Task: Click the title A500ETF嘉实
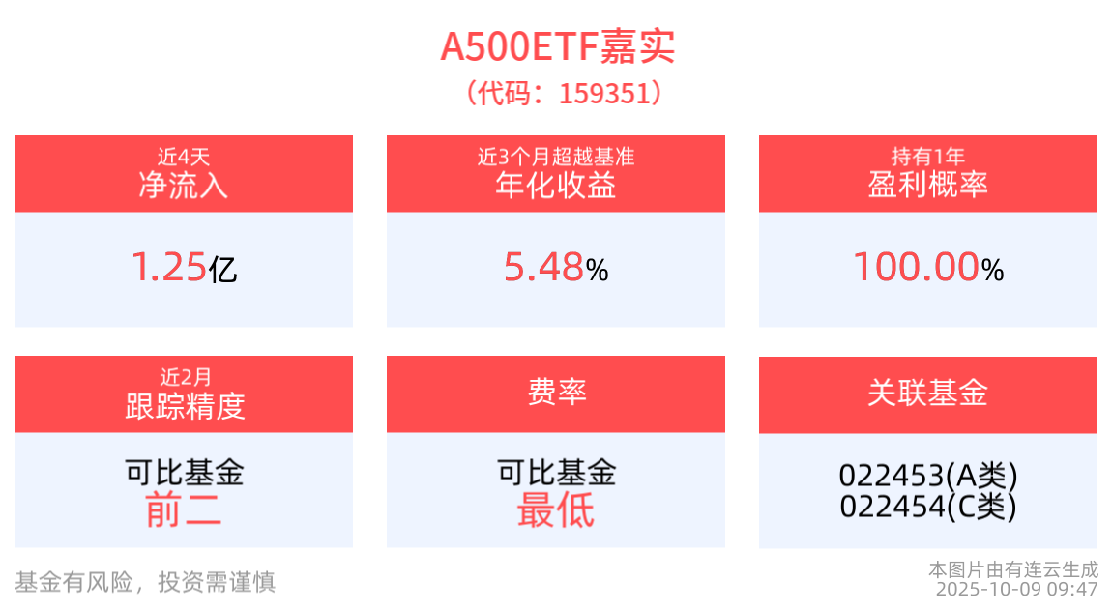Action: click(557, 46)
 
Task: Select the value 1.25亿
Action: click(184, 268)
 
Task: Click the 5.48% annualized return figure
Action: click(556, 268)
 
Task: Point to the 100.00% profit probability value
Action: click(928, 268)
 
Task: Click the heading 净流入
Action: click(184, 186)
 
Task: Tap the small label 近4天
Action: click(184, 156)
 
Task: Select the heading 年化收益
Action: click(556, 186)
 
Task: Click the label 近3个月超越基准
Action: click(556, 156)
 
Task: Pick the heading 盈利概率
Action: click(928, 186)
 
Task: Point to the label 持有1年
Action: click(928, 156)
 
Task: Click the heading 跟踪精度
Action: click(184, 407)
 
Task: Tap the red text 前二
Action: click(184, 509)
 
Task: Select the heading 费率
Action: click(556, 393)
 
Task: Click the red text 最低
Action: click(556, 509)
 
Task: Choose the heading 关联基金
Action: click(928, 393)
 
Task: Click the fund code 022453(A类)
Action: click(928, 476)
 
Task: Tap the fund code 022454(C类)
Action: click(928, 506)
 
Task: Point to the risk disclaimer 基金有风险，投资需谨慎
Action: click(145, 581)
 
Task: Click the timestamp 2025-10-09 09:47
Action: click(1016, 589)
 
